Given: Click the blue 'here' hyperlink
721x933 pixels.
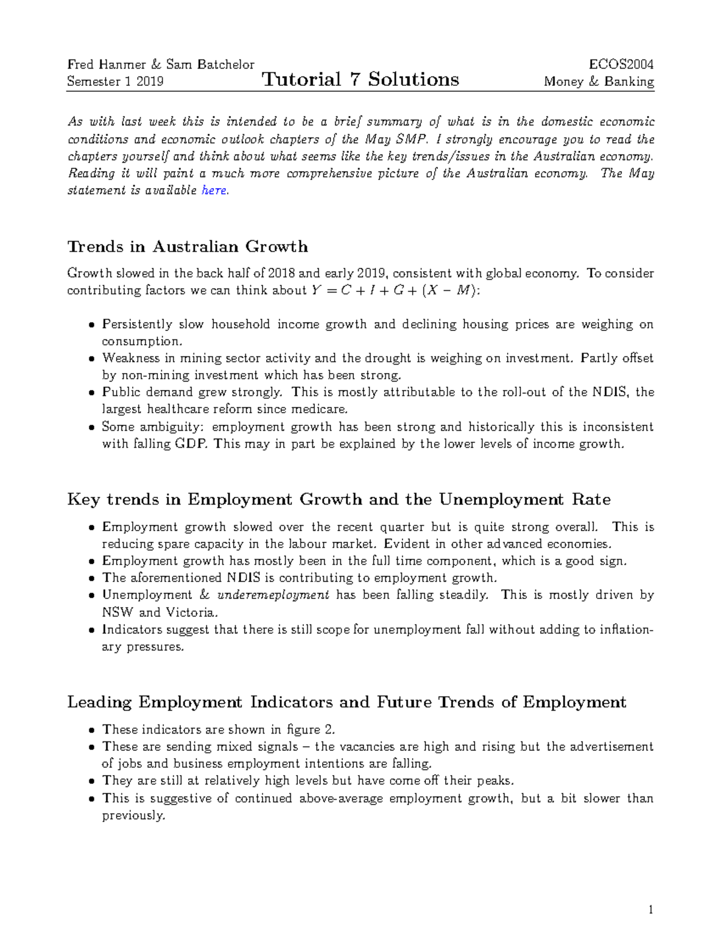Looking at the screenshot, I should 214,190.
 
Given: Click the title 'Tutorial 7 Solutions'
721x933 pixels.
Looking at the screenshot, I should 360,79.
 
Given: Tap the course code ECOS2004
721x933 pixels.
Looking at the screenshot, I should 621,64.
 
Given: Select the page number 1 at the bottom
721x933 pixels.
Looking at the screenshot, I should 651,910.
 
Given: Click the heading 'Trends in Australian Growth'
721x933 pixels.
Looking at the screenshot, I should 187,247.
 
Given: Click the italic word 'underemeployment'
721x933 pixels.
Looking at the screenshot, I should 273,595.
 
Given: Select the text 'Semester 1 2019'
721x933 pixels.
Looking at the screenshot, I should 115,82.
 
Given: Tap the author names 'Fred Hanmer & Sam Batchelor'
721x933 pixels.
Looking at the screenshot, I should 160,64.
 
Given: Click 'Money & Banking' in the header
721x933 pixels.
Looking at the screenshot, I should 598,82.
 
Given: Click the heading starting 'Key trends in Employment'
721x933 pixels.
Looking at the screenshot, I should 339,500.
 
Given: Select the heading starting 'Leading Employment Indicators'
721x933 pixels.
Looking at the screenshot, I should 347,702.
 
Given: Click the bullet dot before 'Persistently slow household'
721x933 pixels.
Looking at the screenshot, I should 91,325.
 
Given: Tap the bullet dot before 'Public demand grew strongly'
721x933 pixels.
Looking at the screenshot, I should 91,393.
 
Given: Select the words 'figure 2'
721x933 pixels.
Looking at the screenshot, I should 310,730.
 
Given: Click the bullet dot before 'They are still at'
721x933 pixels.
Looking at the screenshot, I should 91,782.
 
